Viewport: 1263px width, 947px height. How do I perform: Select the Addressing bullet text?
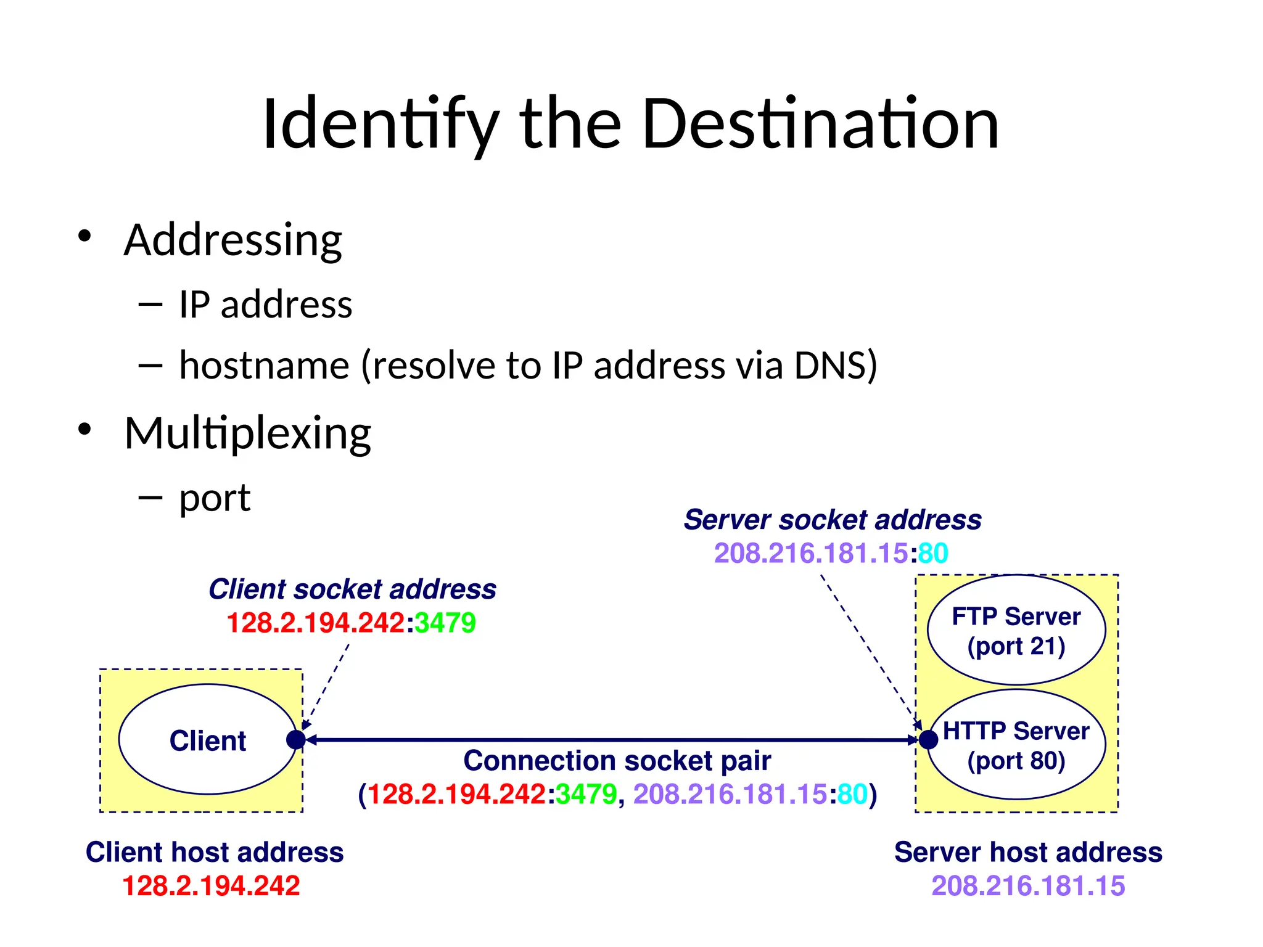click(232, 240)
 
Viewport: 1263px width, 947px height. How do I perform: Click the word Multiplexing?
click(247, 433)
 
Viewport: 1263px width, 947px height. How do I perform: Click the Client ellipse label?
click(208, 740)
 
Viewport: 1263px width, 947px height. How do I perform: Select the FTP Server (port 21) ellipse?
click(1016, 630)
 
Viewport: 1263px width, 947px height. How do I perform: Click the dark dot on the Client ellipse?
click(296, 739)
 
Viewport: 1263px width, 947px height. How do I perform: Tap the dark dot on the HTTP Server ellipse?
click(928, 739)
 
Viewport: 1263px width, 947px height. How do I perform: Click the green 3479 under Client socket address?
click(445, 623)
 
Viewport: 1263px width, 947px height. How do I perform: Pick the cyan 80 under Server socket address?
click(933, 553)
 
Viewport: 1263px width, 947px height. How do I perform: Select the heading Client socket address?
click(352, 589)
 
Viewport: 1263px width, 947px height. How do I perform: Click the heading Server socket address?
click(833, 520)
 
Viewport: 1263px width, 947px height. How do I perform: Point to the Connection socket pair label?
click(617, 761)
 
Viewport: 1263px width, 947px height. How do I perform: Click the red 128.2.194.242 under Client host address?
click(211, 886)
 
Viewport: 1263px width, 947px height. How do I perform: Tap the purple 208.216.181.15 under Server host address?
click(1028, 886)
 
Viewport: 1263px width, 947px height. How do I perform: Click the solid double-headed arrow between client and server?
click(611, 739)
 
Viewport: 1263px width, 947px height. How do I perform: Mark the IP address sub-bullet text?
click(265, 305)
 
